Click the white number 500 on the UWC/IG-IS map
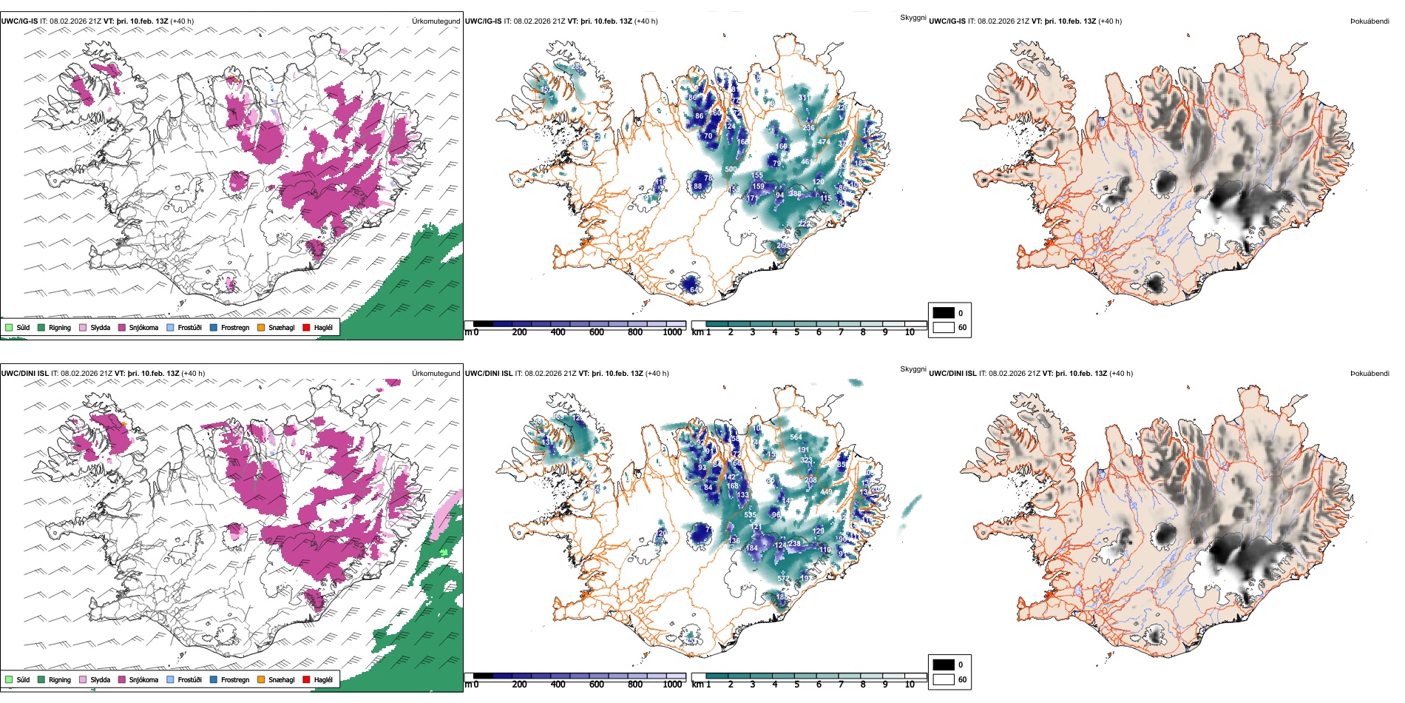pyautogui.click(x=731, y=169)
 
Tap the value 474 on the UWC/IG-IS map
pyautogui.click(x=824, y=142)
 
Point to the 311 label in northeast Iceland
pyautogui.click(x=804, y=98)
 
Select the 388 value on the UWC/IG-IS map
pyautogui.click(x=795, y=194)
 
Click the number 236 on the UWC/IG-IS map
pyautogui.click(x=808, y=128)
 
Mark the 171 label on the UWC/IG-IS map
pyautogui.click(x=752, y=198)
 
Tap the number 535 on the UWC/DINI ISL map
pyautogui.click(x=750, y=515)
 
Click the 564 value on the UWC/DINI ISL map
pyautogui.click(x=796, y=437)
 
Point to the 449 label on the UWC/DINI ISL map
pyautogui.click(x=826, y=492)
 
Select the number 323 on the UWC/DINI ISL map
pyautogui.click(x=806, y=460)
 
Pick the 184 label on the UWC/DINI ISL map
pyautogui.click(x=751, y=548)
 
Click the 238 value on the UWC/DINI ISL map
pyautogui.click(x=794, y=544)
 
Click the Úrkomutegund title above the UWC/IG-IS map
pyautogui.click(x=436, y=21)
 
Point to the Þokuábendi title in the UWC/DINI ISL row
pyautogui.click(x=1370, y=374)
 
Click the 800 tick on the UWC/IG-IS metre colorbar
pyautogui.click(x=634, y=332)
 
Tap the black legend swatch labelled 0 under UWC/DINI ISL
pyautogui.click(x=944, y=665)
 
